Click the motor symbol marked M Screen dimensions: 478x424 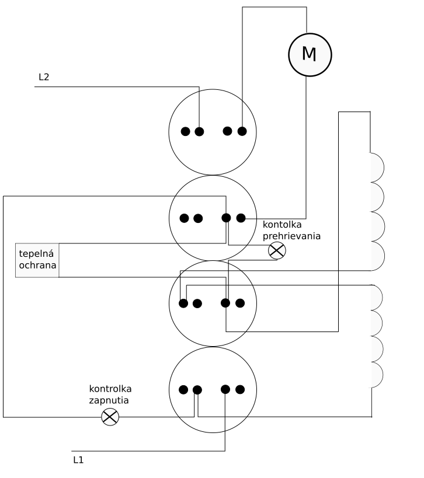310,54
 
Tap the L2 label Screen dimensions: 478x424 44,76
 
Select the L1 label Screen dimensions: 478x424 78,460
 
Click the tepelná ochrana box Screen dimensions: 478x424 37,260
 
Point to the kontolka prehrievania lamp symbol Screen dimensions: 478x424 277,250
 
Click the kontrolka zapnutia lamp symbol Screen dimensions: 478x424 110,416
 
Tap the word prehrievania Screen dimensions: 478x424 291,236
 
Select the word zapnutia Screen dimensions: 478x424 109,400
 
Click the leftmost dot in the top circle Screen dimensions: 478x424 185,131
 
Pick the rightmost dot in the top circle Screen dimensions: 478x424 242,131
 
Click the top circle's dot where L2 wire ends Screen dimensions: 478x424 199,131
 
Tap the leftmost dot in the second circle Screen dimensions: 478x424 184,218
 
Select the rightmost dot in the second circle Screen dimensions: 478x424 241,218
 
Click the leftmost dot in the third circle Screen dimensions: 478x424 183,303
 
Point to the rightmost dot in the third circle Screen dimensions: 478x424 239,303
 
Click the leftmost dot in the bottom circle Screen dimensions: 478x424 183,389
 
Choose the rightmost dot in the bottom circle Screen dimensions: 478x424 239,389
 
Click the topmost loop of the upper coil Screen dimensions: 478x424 377,167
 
